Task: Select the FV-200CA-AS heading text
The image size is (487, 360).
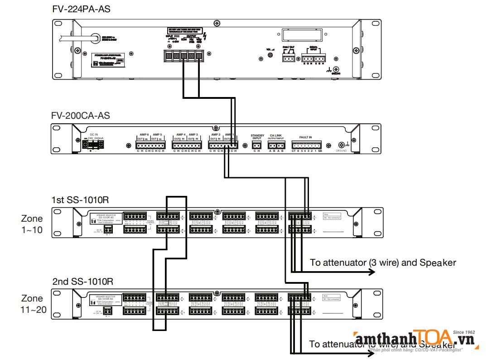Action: tap(81, 116)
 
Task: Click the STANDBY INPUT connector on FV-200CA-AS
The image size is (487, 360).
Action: tap(256, 145)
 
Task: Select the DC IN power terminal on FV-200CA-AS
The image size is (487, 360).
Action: tap(93, 145)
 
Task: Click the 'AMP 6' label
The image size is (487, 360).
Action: tap(142, 135)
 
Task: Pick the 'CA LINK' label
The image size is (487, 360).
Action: tap(275, 135)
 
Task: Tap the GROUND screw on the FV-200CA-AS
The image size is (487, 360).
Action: tap(341, 145)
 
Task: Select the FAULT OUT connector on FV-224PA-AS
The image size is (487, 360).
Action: tap(289, 58)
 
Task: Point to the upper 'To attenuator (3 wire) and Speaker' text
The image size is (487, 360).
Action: tap(383, 262)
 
